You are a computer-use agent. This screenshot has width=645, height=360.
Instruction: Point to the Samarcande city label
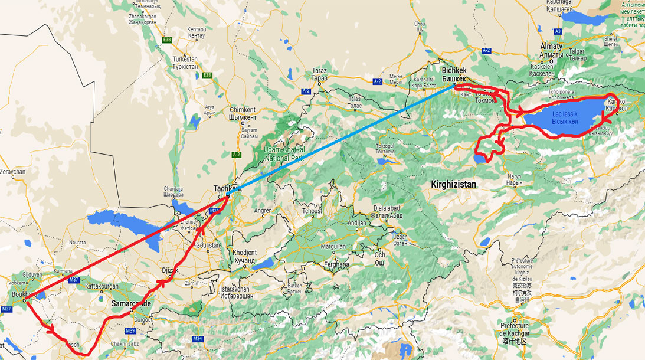click(x=131, y=303)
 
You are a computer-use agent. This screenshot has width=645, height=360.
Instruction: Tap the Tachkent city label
click(x=227, y=188)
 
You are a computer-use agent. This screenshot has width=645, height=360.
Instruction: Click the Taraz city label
click(x=319, y=74)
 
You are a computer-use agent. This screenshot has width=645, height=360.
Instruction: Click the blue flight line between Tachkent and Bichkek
click(x=342, y=139)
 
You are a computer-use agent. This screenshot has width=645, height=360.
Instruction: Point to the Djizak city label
click(x=169, y=270)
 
